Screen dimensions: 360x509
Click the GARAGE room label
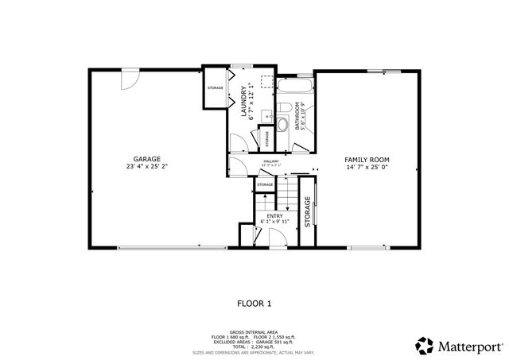pos(148,159)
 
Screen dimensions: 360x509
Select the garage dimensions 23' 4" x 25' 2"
pos(148,167)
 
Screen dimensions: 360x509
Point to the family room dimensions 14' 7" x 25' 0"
pos(366,167)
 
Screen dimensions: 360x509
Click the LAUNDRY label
pos(243,101)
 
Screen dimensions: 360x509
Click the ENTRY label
pos(274,215)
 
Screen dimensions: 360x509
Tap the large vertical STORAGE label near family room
pos(309,214)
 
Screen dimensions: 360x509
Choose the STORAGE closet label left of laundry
pos(215,87)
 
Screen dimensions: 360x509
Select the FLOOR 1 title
pos(254,303)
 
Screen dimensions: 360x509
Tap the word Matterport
pos(469,346)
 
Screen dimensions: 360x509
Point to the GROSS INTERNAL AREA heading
pos(254,331)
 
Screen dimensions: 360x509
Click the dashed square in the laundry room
pos(267,83)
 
